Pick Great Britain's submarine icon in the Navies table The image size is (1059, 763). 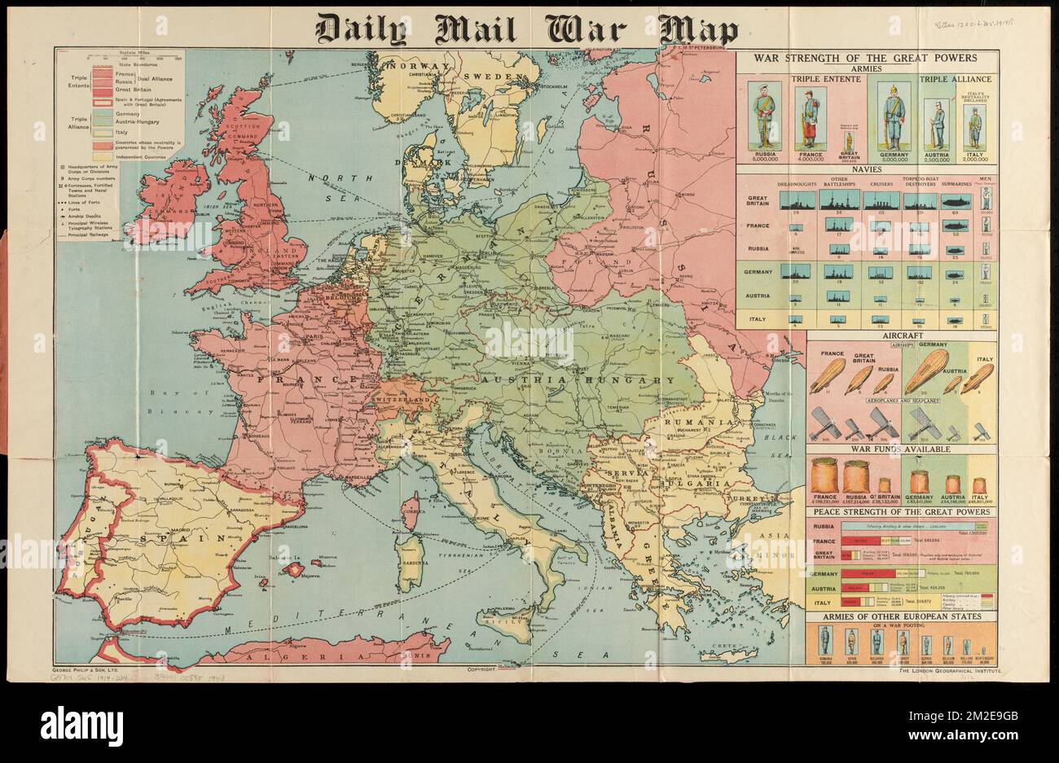956,199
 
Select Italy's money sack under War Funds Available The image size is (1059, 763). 978,485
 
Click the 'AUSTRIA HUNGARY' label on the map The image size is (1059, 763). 578,380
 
